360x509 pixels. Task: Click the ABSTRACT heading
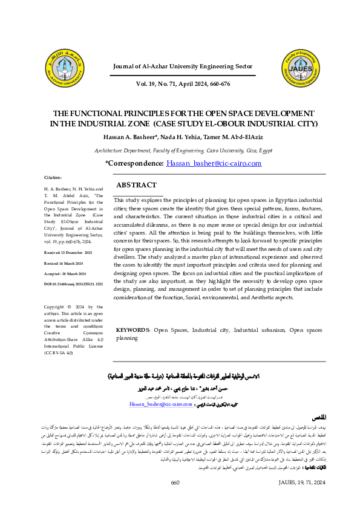pyautogui.click(x=136, y=185)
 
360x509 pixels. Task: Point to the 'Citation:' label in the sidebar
pyautogui.click(x=54, y=177)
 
